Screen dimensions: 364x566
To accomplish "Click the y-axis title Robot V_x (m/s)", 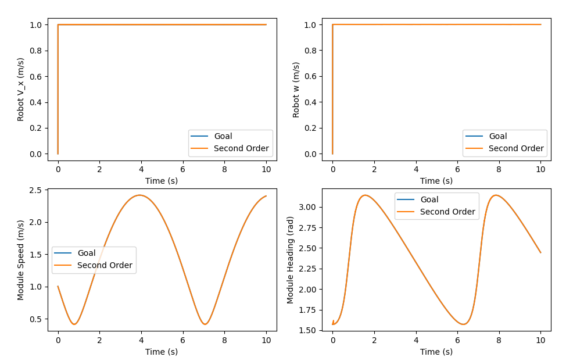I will pos(21,89).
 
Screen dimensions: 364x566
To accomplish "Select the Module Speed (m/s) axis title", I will pos(21,260).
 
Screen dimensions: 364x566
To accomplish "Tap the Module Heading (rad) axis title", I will pos(291,260).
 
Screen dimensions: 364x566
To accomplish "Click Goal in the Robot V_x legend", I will pos(223,137).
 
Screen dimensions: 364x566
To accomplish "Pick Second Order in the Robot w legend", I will pos(516,148).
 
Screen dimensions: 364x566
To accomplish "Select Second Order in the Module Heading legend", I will pos(447,212).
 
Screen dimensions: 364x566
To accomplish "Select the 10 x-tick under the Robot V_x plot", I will pos(266,169).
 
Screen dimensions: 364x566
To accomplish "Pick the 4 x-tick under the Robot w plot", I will pos(416,169).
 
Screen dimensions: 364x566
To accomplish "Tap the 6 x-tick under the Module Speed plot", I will pos(183,340).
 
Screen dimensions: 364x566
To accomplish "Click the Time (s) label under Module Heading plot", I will pos(436,351).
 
